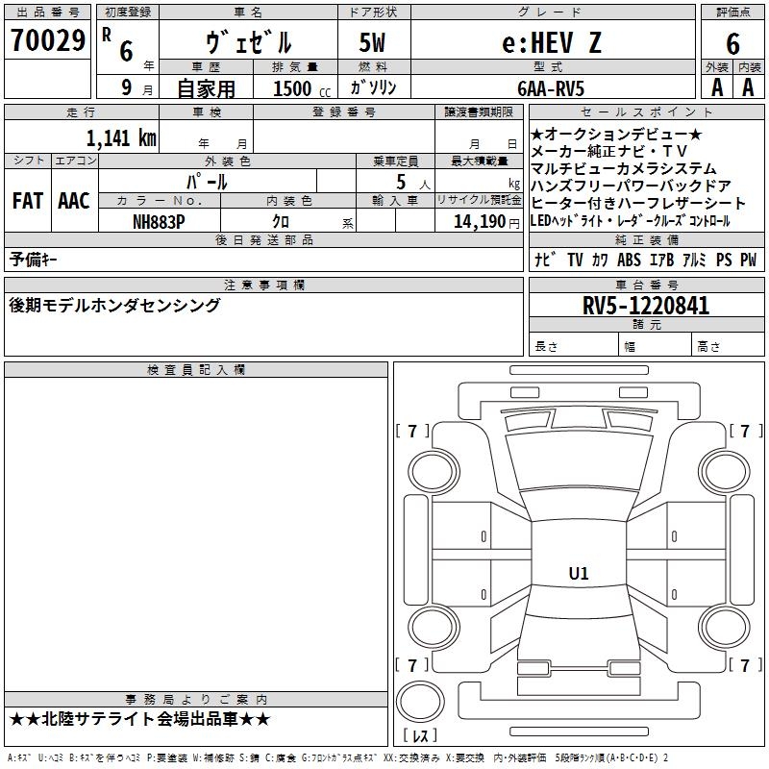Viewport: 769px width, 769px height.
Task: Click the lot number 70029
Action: pos(48,40)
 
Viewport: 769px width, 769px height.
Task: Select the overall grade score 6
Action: pos(732,43)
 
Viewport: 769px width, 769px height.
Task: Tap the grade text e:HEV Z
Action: pos(552,42)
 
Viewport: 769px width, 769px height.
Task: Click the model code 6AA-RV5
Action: pos(551,88)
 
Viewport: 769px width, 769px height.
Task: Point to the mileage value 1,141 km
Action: pos(121,137)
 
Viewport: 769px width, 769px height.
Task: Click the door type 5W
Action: pos(372,42)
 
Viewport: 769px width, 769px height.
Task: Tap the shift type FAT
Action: pos(28,201)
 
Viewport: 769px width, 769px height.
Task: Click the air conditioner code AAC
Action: pos(74,201)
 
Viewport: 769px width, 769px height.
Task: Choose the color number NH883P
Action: pos(159,222)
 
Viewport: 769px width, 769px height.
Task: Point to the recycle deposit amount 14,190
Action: pos(480,222)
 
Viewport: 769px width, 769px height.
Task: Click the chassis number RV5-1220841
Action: pos(645,306)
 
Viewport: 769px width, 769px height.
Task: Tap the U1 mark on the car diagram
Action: pos(579,573)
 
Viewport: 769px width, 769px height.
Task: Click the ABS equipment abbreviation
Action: pos(629,260)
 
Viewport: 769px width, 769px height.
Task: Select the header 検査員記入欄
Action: pos(196,370)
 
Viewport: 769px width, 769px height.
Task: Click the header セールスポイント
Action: pos(646,112)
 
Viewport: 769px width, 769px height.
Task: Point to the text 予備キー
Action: pos(33,260)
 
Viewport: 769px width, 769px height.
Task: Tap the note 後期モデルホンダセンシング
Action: pos(114,305)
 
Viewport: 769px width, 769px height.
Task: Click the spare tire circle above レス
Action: pos(420,702)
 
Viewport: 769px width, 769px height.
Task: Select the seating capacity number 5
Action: pos(401,182)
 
